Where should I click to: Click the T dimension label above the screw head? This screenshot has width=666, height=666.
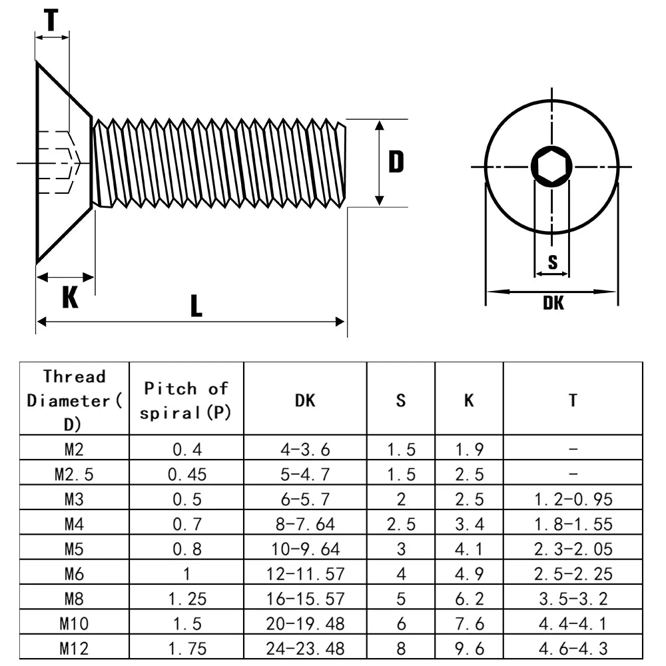pos(51,21)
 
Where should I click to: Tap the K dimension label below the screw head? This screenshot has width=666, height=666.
pos(70,297)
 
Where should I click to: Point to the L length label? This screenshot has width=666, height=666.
pos(196,306)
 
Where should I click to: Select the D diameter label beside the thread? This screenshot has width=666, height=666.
pos(396,162)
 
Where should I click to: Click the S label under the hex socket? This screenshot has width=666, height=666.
pos(553,262)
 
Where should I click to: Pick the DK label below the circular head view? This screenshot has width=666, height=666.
pos(553,303)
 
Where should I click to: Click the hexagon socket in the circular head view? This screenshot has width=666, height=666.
pos(551,166)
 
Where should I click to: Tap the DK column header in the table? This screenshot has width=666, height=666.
pos(305,400)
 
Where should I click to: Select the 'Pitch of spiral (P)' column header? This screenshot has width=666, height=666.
pos(186,400)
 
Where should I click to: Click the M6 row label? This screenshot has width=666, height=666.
pos(74,574)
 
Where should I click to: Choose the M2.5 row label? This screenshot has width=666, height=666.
pos(74,474)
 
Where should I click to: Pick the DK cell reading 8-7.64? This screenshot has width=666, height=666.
pos(305,524)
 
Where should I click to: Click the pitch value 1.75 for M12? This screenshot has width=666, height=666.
pos(187,649)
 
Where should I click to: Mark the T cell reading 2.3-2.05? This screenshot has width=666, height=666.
pos(573,549)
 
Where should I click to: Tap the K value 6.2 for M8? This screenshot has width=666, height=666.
pos(469,599)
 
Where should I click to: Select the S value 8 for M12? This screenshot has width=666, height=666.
pos(400,649)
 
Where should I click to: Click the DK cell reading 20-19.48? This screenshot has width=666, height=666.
pos(305,623)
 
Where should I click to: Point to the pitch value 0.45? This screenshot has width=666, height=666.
pos(187,474)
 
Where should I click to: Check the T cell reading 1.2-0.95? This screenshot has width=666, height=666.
pos(573,499)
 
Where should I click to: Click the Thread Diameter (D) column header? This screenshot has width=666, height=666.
pos(74,400)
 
